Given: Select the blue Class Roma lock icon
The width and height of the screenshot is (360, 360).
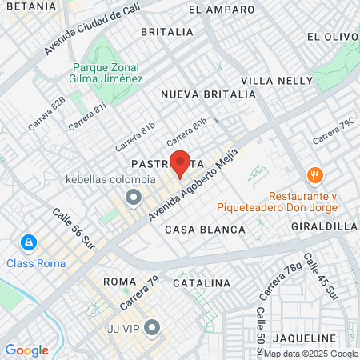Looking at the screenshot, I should click(28, 242).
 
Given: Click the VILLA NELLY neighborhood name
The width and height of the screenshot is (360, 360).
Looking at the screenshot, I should click(273, 81).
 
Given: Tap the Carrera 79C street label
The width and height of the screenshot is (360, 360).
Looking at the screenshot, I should click(332, 131).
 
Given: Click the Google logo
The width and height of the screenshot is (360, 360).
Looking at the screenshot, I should click(26, 350).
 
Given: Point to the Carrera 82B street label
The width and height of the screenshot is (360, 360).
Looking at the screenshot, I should click(46, 115).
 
